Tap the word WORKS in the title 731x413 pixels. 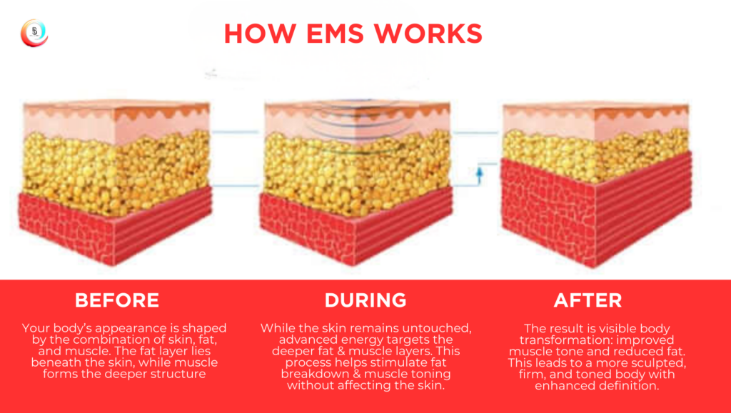(x=430, y=34)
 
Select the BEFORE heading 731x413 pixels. (x=117, y=300)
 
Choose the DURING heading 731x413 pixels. (x=365, y=300)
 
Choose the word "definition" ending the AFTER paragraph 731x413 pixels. (x=621, y=386)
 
